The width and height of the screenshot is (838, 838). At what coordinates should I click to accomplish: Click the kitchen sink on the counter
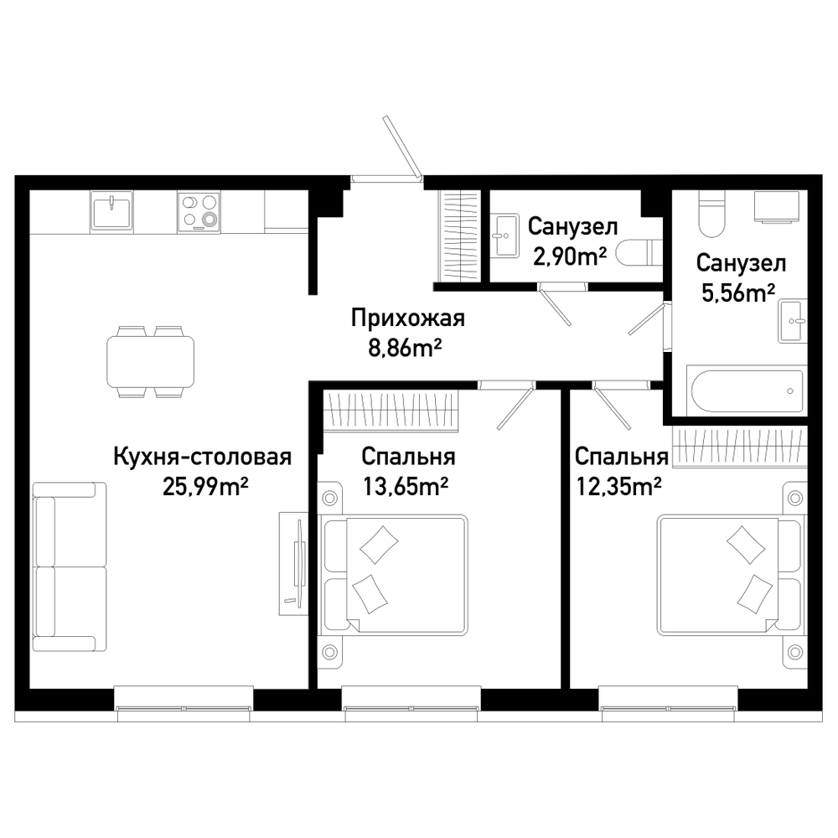pyautogui.click(x=111, y=210)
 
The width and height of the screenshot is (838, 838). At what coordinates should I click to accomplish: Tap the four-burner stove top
pyautogui.click(x=199, y=212)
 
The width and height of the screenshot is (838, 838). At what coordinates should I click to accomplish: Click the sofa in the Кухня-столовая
pyautogui.click(x=70, y=566)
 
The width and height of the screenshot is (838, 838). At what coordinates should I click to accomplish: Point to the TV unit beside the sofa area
pyautogui.click(x=293, y=563)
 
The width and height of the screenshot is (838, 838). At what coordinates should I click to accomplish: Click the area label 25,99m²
pyautogui.click(x=206, y=487)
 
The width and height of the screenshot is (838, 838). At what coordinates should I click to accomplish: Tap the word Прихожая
pyautogui.click(x=408, y=319)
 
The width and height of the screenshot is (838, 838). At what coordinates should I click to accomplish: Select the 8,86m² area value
pyautogui.click(x=405, y=349)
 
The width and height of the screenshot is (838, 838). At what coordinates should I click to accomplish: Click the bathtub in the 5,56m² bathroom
pyautogui.click(x=747, y=391)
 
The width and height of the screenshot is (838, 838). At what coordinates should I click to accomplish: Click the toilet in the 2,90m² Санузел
pyautogui.click(x=639, y=252)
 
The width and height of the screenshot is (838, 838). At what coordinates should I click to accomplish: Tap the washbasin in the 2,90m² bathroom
pyautogui.click(x=505, y=235)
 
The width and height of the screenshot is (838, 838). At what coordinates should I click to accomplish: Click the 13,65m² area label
pyautogui.click(x=406, y=487)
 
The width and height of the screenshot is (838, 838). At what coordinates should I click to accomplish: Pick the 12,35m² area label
pyautogui.click(x=619, y=487)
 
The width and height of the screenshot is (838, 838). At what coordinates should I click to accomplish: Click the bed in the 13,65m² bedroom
pyautogui.click(x=395, y=575)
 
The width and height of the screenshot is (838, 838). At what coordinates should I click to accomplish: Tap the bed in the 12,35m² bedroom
pyautogui.click(x=731, y=575)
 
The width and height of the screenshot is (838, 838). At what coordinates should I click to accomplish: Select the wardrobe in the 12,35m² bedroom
pyautogui.click(x=740, y=447)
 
